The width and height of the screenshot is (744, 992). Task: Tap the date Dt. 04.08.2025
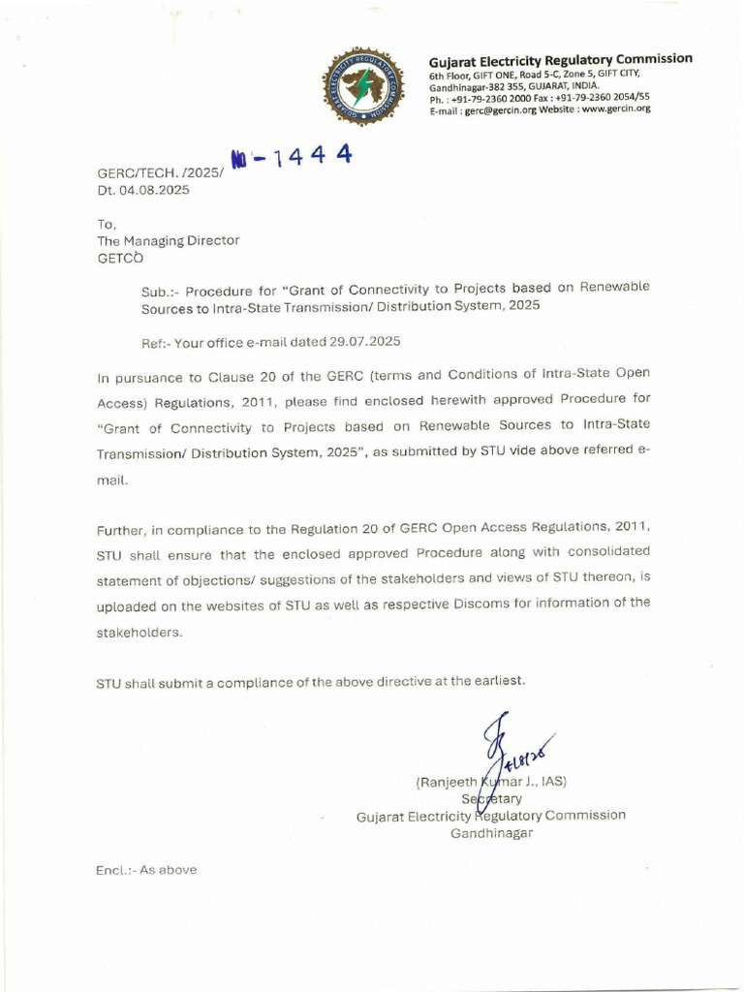pos(142,190)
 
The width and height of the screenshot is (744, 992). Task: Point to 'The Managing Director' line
pos(168,240)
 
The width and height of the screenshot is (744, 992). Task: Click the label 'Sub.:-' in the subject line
pos(160,290)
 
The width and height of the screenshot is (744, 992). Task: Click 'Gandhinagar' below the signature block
pos(491,833)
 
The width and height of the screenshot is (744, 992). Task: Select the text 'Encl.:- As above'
pos(146,870)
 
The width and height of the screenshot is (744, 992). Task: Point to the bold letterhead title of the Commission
pos(561,59)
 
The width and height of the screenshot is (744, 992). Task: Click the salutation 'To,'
pos(106,223)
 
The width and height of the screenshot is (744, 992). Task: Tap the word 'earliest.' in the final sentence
pos(500,681)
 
